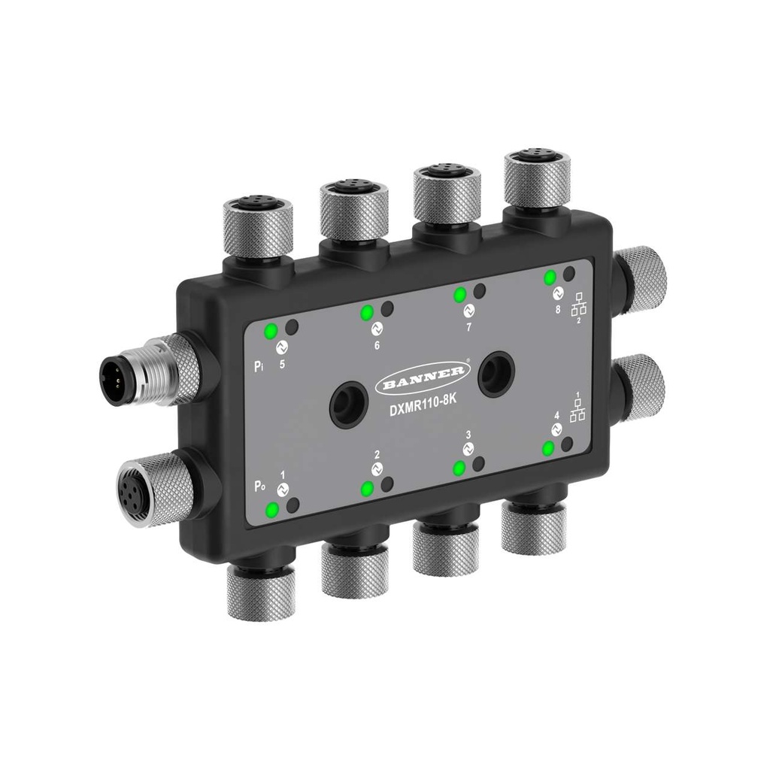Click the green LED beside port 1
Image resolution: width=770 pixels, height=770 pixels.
271,511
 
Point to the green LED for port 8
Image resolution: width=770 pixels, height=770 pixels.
550,276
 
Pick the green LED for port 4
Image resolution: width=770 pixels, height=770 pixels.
549,449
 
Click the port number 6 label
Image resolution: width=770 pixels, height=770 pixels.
377,346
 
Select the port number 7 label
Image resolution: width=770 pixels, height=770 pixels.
468,327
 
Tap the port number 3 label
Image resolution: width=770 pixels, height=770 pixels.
468,435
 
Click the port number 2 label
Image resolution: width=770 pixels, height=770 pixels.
377,456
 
